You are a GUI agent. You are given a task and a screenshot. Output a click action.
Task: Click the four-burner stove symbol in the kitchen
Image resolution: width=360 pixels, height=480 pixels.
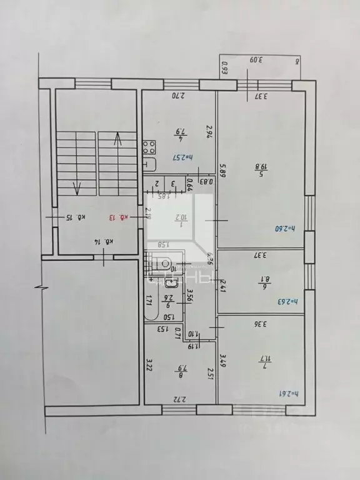point(149,147)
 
